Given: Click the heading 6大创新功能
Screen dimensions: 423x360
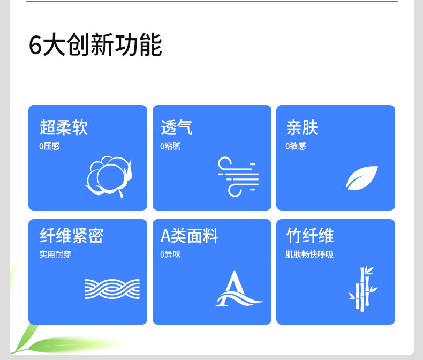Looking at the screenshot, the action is coord(95,45).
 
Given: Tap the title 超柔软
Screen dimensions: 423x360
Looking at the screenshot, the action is coord(64,127).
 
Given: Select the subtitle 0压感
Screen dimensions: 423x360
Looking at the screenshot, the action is coord(49,146).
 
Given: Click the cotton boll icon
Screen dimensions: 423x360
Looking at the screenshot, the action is coord(109,177).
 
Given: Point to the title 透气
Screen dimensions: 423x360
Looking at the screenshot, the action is coord(177,127).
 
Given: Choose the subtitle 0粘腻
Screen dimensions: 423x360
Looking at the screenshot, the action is coord(170,146).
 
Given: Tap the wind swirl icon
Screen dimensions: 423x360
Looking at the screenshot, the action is coord(238,177).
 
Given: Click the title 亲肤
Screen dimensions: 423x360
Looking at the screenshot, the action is coord(302,127).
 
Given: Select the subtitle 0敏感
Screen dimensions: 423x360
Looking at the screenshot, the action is coord(296,146).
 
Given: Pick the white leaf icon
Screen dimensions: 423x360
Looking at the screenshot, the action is coord(362,178).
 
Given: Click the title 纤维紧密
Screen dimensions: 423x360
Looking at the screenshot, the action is coord(72,236).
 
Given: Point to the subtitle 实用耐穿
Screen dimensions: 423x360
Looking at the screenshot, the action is coord(55,254).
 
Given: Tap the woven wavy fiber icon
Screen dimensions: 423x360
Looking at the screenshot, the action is coord(112,289).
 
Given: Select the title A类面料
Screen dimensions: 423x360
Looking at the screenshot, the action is coord(190,236).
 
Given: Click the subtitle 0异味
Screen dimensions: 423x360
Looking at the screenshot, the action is coord(170,254).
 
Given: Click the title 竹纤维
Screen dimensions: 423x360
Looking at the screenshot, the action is coord(310,236).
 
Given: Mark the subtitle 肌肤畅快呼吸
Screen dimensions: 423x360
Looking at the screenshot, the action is coord(309,254).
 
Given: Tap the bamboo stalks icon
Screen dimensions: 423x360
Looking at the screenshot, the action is coord(362,289).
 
